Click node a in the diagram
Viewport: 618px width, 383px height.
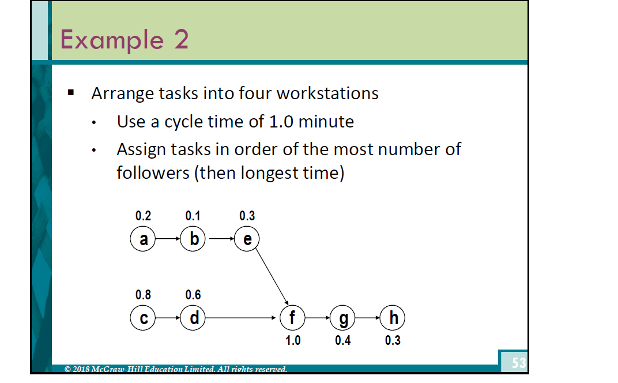click(143, 239)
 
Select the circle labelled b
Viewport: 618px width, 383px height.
click(193, 239)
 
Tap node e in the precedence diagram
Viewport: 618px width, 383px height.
click(247, 239)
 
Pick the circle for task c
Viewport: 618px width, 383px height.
click(143, 318)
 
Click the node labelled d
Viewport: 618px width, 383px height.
click(193, 318)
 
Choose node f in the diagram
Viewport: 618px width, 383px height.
click(292, 318)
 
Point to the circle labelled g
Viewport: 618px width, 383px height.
click(342, 318)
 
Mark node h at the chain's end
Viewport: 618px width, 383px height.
click(393, 318)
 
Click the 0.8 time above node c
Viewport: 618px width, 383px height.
click(143, 295)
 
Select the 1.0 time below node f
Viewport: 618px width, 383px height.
click(293, 340)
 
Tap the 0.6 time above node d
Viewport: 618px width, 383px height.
click(193, 295)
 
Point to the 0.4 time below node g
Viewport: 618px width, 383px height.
click(342, 340)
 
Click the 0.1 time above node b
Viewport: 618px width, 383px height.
click(193, 216)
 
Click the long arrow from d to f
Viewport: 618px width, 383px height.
click(242, 318)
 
